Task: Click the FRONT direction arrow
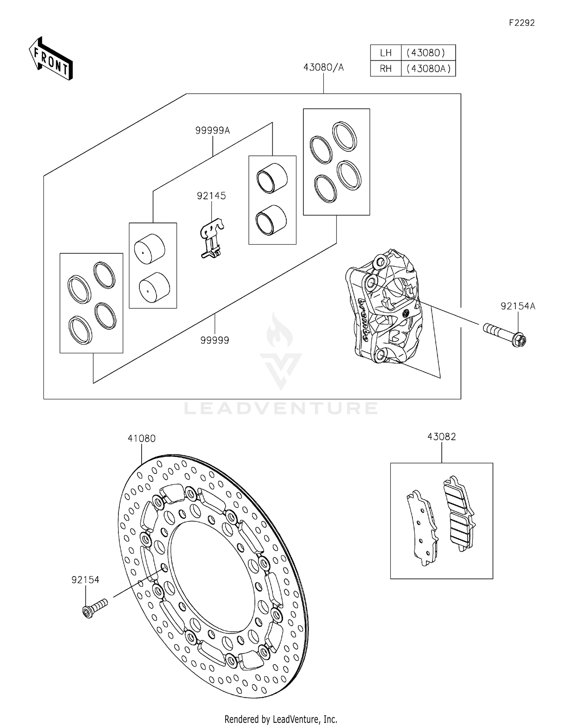coord(51,59)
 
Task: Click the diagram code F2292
coord(522,23)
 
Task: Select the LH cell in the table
coord(386,53)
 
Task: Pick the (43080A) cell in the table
coord(428,69)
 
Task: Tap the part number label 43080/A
coord(323,67)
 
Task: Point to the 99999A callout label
coord(212,130)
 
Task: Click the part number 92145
coord(211,196)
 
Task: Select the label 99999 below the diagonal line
coord(215,340)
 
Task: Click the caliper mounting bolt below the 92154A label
coord(504,335)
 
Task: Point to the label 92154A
coord(518,306)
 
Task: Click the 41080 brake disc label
coord(142,438)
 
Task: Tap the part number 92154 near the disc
coord(85,580)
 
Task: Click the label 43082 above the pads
coord(441,437)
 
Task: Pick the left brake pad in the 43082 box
coord(423,528)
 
